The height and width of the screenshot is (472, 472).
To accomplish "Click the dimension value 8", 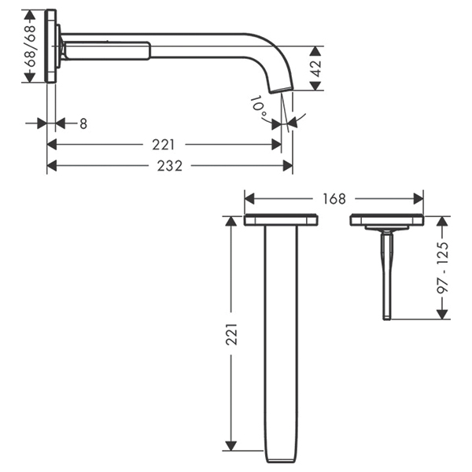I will click(83, 123).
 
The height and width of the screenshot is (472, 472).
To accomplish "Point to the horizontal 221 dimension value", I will click(163, 144).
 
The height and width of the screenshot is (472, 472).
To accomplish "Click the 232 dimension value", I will click(169, 166).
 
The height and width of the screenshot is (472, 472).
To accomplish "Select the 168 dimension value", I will click(334, 199).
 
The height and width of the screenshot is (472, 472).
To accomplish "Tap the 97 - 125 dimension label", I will click(442, 267).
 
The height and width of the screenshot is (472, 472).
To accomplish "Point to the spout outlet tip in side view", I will click(277, 90).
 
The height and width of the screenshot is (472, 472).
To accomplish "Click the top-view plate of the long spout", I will click(281, 220).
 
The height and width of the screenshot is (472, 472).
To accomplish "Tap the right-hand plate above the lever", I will click(386, 220).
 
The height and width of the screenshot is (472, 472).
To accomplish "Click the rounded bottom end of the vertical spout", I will click(281, 459).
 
